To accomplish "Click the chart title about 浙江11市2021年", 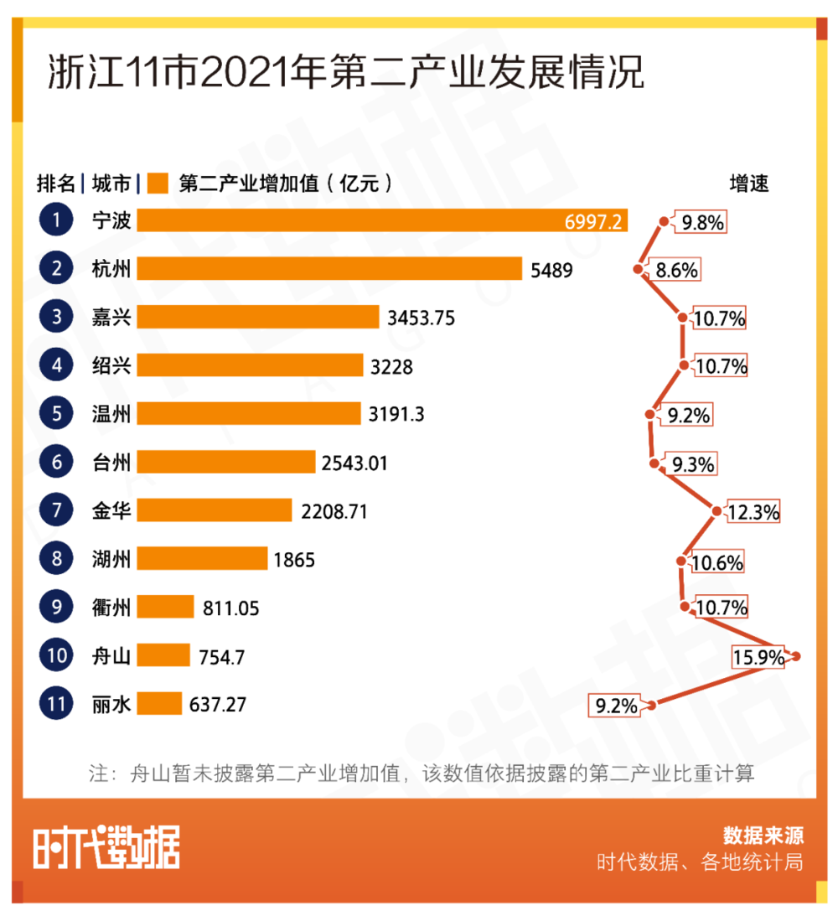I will [345, 74].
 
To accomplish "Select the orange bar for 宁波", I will [382, 220].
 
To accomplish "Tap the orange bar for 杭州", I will [330, 269].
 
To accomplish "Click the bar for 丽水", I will [159, 704].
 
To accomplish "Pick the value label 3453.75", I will [422, 318].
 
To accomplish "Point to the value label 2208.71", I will [334, 510].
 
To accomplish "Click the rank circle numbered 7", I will [57, 510].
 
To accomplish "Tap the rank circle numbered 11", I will [57, 704].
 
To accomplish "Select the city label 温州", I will [111, 414].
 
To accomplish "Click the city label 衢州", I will [111, 608].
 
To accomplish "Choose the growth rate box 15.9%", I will [758, 657].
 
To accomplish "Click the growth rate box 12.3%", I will [753, 511].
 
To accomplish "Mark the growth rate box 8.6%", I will [677, 270].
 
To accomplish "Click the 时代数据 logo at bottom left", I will [106, 847].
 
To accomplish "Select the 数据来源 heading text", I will [763, 836].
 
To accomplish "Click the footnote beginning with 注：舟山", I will [422, 773].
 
